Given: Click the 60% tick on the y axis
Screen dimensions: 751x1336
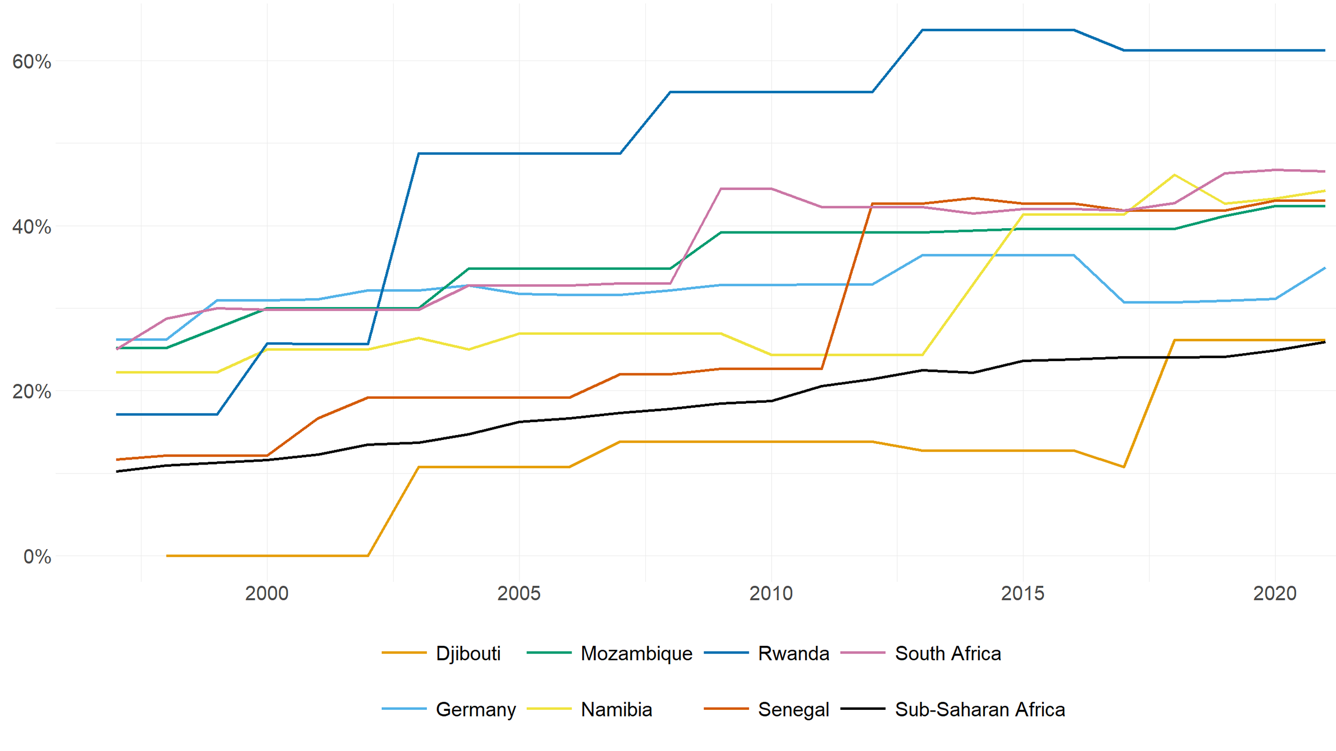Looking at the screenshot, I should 32,62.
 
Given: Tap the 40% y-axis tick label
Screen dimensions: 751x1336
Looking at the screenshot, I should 32,227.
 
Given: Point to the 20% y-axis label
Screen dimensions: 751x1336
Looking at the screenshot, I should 32,392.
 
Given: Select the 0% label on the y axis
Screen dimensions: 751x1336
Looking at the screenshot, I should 37,556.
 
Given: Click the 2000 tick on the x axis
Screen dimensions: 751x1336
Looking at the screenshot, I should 267,594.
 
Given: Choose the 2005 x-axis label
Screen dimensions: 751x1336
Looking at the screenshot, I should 519,594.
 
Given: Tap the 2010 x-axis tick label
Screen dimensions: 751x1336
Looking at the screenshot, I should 771,594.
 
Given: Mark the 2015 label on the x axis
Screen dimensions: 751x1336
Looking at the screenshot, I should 1023,594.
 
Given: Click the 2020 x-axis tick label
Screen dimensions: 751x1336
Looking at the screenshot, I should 1275,594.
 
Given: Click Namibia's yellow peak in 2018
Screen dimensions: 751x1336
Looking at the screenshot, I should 1175,175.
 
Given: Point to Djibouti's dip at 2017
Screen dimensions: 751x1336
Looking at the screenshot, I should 1124,467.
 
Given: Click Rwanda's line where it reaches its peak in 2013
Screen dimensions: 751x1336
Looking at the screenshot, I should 922,30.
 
